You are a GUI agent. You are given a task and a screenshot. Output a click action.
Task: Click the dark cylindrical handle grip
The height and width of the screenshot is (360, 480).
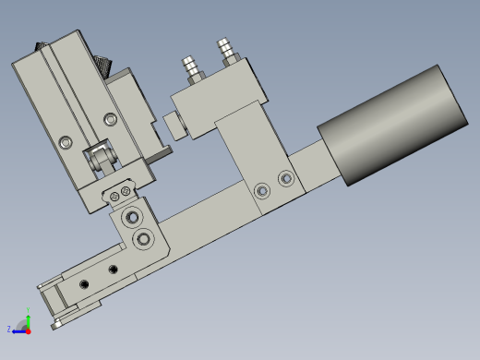coord(392,125)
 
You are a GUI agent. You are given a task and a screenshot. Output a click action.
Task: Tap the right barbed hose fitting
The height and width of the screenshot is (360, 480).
coord(224,52)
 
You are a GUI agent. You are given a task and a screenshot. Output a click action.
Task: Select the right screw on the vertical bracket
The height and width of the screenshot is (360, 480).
coord(285,177)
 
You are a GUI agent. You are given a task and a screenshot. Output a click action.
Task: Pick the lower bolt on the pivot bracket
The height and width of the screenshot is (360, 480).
coord(143,239)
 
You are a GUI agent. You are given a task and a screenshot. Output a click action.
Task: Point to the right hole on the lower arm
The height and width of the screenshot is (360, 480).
coord(114,269)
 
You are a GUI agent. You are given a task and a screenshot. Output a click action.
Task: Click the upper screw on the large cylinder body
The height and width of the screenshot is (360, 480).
coord(111,119)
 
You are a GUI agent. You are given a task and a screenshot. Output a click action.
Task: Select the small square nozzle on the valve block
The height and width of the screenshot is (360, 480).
coord(172,125)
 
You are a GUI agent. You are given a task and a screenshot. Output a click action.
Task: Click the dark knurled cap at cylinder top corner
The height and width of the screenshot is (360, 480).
coord(40,46)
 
